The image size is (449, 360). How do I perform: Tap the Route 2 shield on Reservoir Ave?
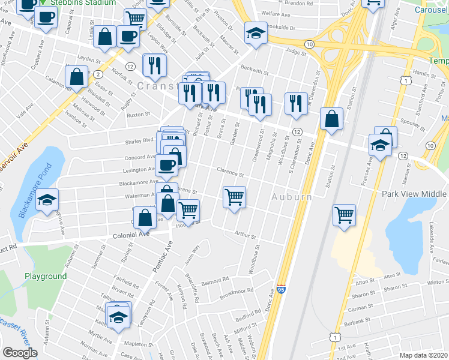[97, 73]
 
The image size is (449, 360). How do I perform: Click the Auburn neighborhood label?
[291, 196]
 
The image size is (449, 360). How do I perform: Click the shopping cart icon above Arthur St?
[234, 196]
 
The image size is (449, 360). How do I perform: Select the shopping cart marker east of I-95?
[344, 215]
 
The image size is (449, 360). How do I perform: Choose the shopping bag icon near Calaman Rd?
[77, 77]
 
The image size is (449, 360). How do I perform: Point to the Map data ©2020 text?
[424, 355]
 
